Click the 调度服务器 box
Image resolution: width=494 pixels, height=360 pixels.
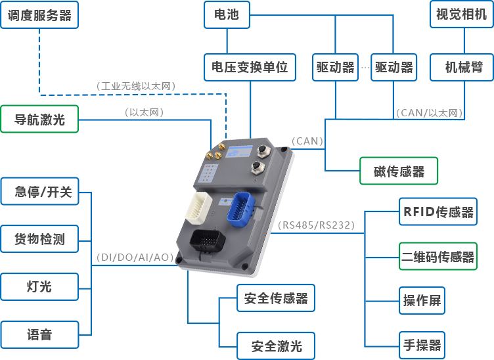pos(39,14)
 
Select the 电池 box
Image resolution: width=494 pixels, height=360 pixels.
pos(226,14)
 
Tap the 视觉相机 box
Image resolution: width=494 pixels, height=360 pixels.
pos(461,14)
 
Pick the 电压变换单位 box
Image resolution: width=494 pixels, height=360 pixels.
pos(250,68)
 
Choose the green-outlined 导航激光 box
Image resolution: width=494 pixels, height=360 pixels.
pos(39,119)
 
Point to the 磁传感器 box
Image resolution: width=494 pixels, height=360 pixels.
pos(399,172)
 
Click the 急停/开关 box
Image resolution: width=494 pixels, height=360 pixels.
pos(39,191)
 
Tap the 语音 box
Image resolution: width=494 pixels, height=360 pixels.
pos(39,335)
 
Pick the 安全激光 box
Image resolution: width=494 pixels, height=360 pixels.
pos(277,346)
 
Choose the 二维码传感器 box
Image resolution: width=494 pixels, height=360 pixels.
pos(438,257)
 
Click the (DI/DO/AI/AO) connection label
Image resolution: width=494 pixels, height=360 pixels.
pos(135,258)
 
